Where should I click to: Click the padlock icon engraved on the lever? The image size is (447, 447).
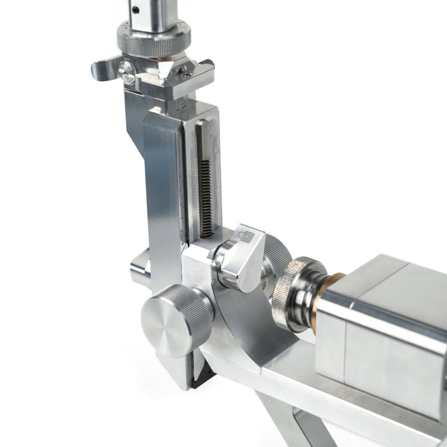(245, 236)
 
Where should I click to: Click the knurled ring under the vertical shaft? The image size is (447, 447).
(153, 38)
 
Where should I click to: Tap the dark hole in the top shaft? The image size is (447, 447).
(136, 9)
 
